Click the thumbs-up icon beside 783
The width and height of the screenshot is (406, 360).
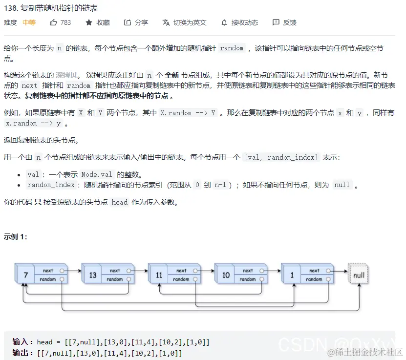pos(53,22)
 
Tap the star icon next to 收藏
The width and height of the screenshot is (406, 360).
pos(88,22)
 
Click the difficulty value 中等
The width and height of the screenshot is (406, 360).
pos(29,22)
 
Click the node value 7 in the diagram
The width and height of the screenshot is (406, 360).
pos(25,275)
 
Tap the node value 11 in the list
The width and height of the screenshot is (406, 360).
pos(159,275)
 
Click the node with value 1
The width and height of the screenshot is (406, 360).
pos(292,275)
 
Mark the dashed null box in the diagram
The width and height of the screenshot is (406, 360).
pos(359,275)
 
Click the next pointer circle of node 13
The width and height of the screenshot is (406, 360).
pos(129,271)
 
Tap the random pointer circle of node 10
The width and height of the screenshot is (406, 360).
pos(262,279)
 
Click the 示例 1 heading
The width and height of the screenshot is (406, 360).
pos(16,237)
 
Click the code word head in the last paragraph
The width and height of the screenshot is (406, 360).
pos(119,202)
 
